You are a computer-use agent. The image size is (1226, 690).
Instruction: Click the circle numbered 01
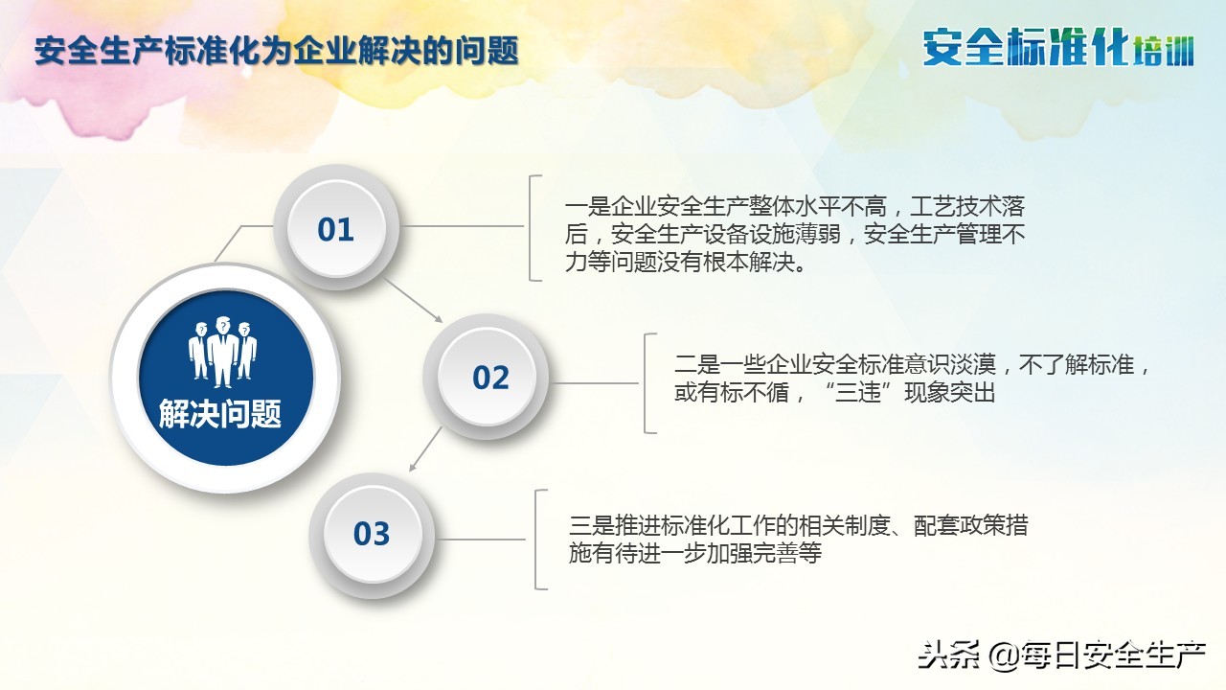pos(336,229)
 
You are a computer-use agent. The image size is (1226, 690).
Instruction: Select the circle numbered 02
pos(490,378)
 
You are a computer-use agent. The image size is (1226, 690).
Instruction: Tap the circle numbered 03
pos(372,534)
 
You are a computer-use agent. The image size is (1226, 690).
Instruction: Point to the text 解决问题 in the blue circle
pos(220,415)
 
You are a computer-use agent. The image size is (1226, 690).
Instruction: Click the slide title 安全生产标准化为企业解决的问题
pos(276,51)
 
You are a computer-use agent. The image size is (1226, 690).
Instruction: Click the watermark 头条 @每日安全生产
pos(1061,655)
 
